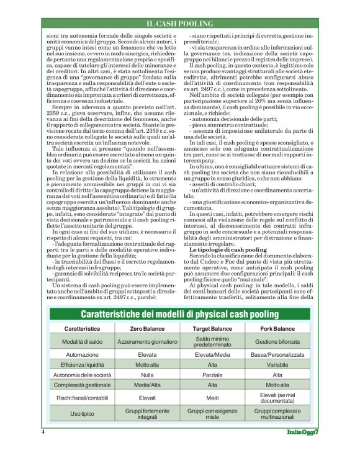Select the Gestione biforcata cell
(x=277, y=342)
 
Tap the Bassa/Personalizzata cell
(x=277, y=355)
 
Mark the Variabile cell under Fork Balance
(x=277, y=365)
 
